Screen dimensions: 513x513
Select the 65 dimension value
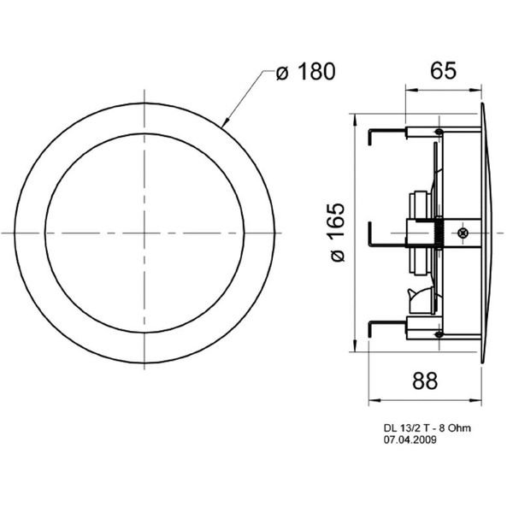[x=442, y=71]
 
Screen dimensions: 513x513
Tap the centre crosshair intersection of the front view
[x=144, y=232]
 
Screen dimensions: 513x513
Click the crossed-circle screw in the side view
[x=462, y=232]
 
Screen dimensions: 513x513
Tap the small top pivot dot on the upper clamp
[x=439, y=131]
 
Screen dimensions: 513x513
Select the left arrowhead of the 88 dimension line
[x=372, y=399]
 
